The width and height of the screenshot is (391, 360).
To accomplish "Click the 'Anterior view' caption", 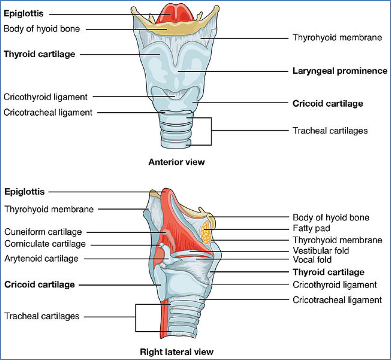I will click(x=177, y=162).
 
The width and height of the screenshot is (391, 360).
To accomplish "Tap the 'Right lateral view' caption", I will click(x=177, y=351).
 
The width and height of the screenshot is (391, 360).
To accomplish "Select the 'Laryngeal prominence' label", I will click(x=340, y=71).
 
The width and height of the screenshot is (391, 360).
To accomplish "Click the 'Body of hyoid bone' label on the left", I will click(x=42, y=29).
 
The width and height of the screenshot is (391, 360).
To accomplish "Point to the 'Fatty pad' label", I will click(x=311, y=229).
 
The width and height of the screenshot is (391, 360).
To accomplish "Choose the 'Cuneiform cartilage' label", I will click(x=43, y=232).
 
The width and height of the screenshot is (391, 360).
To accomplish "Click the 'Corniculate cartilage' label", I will click(x=45, y=244).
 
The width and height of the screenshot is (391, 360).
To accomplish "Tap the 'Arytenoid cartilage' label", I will click(x=41, y=258).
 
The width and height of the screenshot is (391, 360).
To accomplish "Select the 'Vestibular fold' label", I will click(x=321, y=251).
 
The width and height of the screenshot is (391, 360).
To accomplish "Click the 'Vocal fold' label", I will click(x=312, y=260).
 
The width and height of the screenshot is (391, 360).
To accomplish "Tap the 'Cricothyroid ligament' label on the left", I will click(x=46, y=97).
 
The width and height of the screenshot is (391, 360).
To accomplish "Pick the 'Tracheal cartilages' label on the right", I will click(x=330, y=131).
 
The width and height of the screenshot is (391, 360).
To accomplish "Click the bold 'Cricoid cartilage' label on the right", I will click(x=328, y=104).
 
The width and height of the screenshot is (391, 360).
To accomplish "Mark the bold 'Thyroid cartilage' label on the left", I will click(x=39, y=54).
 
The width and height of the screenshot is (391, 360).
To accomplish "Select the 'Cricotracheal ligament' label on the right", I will click(x=337, y=300).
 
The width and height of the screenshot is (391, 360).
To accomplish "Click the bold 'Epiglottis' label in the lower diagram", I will click(x=24, y=191).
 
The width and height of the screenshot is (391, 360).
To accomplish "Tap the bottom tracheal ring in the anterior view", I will click(x=176, y=143).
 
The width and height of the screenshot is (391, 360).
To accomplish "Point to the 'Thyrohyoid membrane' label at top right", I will click(x=337, y=38).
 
